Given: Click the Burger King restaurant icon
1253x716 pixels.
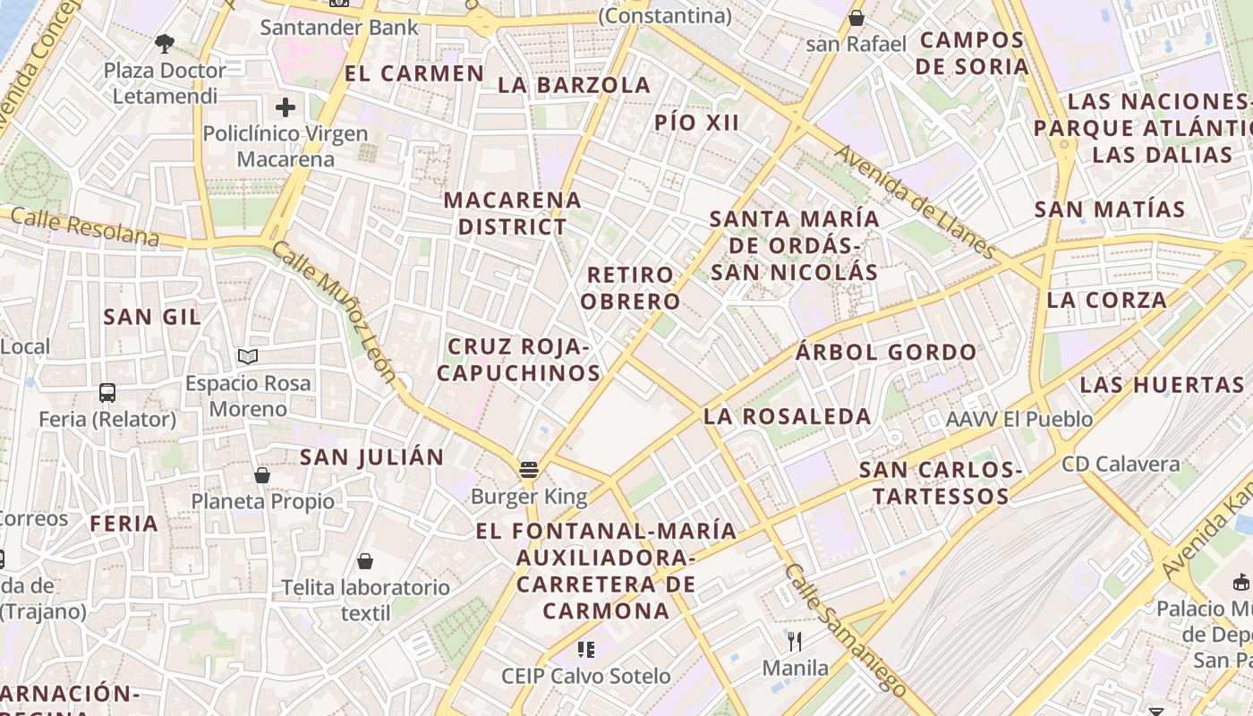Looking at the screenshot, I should coord(528,470).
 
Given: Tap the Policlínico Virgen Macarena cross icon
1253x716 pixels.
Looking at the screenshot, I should coord(286,108).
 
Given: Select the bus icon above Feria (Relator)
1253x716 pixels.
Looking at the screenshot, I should coord(107,392).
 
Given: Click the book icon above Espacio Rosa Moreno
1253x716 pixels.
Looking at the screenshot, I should coord(248,357).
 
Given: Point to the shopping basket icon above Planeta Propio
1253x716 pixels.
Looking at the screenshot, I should coord(262,474).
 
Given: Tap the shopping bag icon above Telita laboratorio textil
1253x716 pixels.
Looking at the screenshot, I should coord(364,561).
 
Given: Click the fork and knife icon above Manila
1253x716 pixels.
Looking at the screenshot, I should coord(794,641).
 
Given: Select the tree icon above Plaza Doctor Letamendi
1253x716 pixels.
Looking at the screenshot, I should coord(164,42).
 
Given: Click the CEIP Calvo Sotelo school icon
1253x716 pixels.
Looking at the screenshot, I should coord(586,649).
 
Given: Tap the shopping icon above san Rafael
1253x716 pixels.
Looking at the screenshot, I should coord(856,17).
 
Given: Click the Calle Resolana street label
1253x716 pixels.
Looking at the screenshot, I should coord(85,227).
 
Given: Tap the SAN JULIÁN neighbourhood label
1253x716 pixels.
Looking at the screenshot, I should coord(371,457).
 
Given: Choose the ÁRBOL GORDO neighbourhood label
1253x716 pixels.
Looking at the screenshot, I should coord(886,353).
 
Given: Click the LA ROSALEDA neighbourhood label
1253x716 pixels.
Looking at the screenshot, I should coord(787,416).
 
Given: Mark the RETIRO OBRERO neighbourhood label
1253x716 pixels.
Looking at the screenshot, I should coord(630,288).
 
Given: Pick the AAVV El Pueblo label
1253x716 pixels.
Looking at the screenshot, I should coord(1019,419).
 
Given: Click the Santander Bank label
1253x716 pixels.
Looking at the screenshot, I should coord(339,27).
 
